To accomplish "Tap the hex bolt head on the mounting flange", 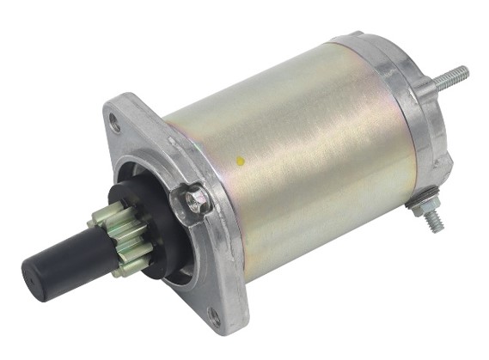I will [x=197, y=200].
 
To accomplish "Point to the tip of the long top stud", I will [x=465, y=69].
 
